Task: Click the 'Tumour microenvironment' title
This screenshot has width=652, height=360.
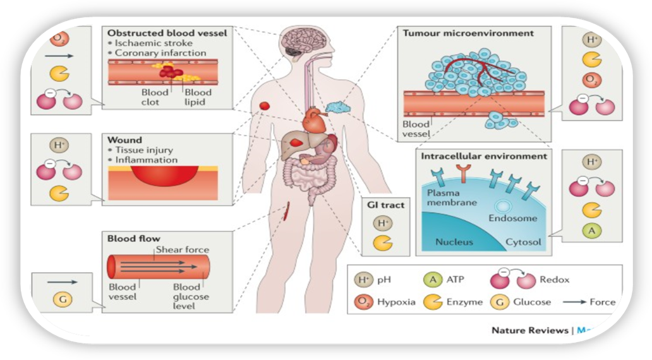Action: pos(471,32)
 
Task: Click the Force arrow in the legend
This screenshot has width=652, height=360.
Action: pos(574,302)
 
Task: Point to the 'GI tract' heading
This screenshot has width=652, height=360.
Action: pos(385,205)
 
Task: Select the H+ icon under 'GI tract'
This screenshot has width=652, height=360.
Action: pos(382,222)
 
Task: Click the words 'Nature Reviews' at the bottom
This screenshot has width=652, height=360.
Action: pos(529,330)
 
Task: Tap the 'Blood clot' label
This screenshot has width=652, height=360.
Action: pos(155,97)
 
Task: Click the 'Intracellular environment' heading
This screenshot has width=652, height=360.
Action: pos(481,155)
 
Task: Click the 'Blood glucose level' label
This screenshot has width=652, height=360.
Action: pos(191,296)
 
